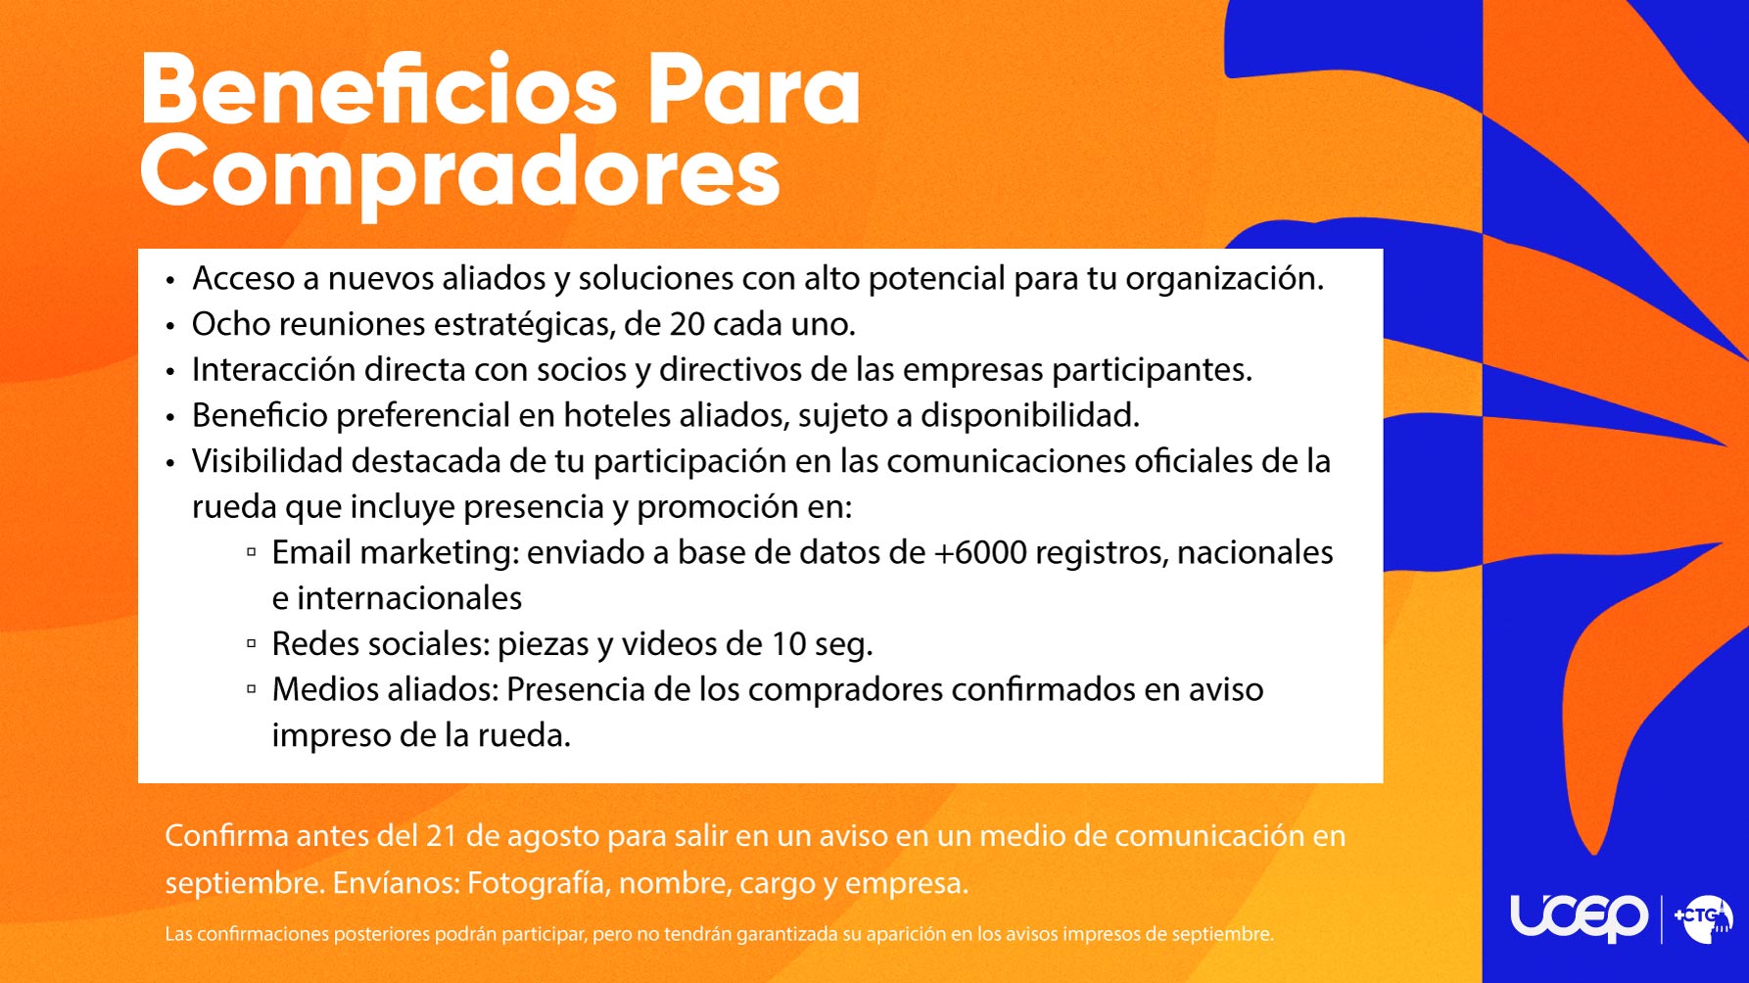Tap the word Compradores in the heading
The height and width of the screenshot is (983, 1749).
click(x=460, y=174)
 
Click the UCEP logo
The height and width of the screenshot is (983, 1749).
click(x=1579, y=917)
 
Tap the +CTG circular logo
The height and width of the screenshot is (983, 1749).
click(x=1703, y=918)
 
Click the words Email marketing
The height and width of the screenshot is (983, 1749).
click(x=394, y=553)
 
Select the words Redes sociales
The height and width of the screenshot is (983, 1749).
click(x=380, y=644)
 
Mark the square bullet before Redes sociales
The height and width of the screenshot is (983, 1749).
click(x=252, y=644)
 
